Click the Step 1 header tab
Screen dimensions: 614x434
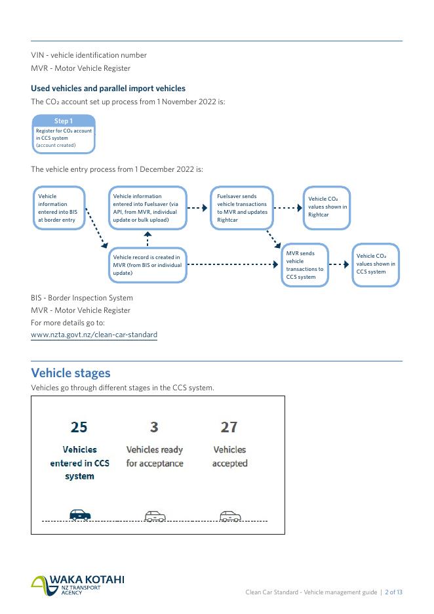coord(64,121)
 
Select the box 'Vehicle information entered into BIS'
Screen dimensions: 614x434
coord(60,208)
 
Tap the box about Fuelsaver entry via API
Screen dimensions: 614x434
coord(148,208)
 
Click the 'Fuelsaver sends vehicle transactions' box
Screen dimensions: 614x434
coord(242,208)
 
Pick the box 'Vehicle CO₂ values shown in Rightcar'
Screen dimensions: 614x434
coord(326,208)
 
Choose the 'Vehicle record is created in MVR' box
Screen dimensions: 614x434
coord(148,265)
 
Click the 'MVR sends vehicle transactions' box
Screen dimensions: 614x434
coord(305,265)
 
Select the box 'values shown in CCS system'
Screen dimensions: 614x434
coord(376,265)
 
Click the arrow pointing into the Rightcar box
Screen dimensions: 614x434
coord(286,208)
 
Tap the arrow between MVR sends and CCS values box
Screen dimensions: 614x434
coord(340,265)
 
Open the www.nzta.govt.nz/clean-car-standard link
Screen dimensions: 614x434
coord(94,335)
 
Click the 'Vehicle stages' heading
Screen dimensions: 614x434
coord(71,373)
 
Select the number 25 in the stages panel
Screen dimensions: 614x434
coord(79,427)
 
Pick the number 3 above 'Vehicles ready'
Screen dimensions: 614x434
coord(154,427)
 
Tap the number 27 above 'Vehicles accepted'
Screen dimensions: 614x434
coord(229,427)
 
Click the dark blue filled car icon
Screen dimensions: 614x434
coord(80,516)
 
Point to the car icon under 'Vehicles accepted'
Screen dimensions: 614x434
coord(230,516)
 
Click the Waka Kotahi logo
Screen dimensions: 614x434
coord(77,584)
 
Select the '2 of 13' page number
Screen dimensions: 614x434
coord(393,592)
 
